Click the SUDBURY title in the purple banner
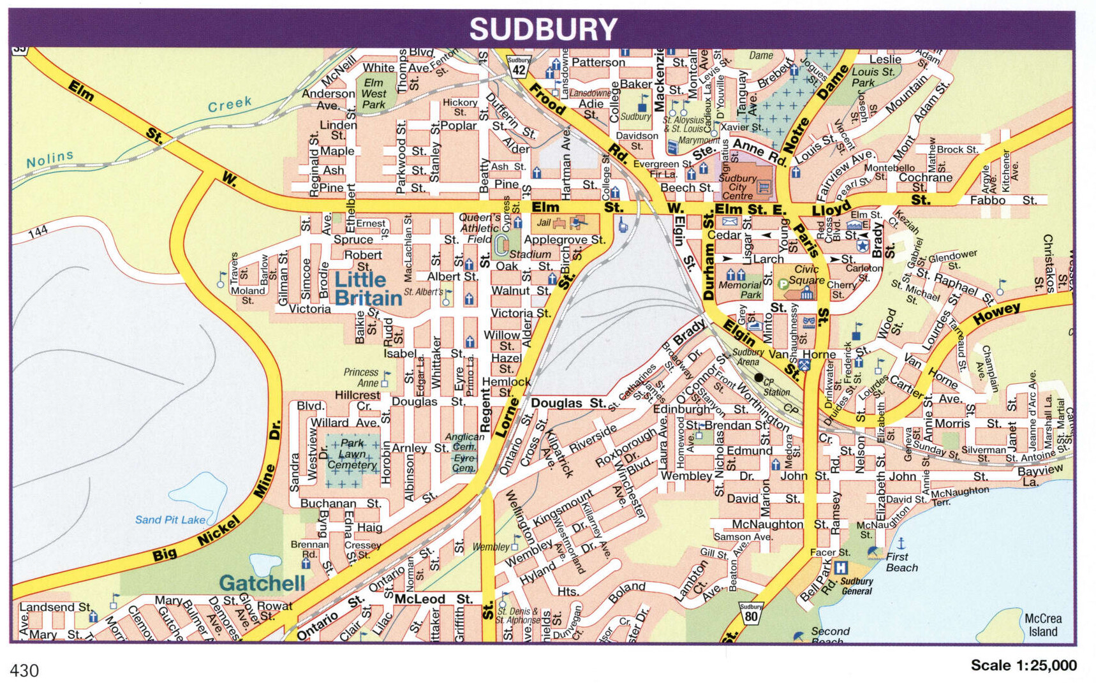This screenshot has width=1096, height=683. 544,29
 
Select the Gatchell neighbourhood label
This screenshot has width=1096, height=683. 262,583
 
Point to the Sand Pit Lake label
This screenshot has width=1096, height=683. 170,520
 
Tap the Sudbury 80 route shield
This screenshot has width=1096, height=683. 751,612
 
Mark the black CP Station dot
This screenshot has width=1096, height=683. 759,378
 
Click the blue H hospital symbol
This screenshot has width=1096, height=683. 841,567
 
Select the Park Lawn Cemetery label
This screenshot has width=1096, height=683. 352,454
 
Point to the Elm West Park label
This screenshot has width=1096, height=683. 374,94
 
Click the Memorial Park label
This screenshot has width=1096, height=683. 740,290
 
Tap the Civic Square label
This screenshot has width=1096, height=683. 806,275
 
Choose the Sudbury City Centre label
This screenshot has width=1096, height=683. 737,187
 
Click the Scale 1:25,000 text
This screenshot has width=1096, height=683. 1023,665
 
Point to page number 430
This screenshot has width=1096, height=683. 24,670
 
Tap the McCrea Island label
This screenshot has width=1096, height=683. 1042,625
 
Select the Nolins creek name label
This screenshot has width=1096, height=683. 50,159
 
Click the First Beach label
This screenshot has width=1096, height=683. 901,562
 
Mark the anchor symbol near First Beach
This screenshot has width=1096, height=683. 901,543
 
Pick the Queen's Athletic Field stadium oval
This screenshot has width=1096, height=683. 502,242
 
